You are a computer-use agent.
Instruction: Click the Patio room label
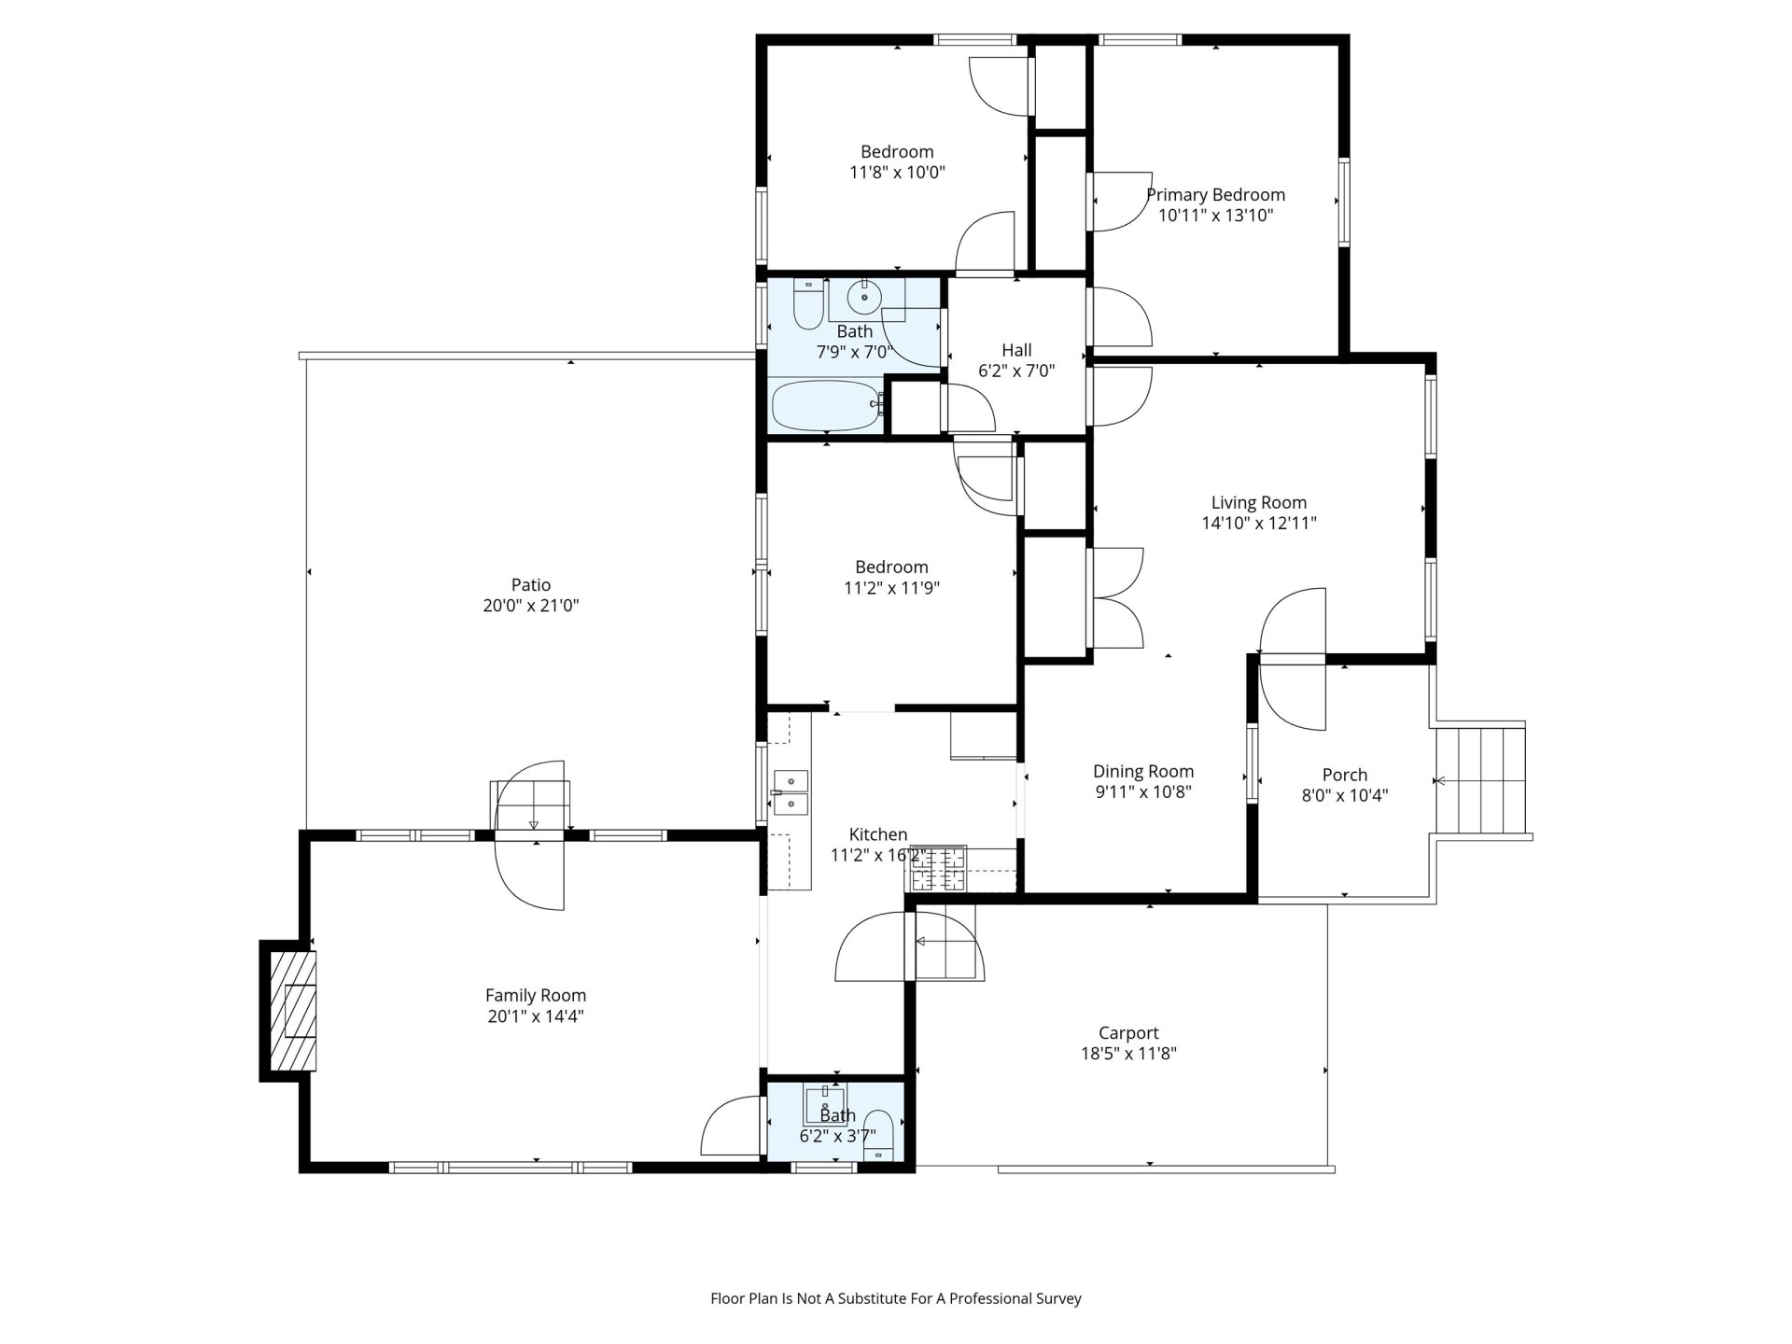530,585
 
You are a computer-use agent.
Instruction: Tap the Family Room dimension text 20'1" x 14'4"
536,1016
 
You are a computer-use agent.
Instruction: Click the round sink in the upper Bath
866,299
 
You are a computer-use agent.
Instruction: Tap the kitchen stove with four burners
938,869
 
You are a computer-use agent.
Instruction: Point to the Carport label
1128,1033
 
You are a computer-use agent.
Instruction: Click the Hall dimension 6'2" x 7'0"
1016,371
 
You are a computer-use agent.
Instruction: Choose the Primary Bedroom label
1215,195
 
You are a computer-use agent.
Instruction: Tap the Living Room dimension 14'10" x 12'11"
1259,524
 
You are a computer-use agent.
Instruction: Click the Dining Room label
1143,772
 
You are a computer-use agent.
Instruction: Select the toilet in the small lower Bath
877,1136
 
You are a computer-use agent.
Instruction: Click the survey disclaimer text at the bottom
896,1298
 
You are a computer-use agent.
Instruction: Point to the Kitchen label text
878,834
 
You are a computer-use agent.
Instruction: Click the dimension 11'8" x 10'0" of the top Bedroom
897,173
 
